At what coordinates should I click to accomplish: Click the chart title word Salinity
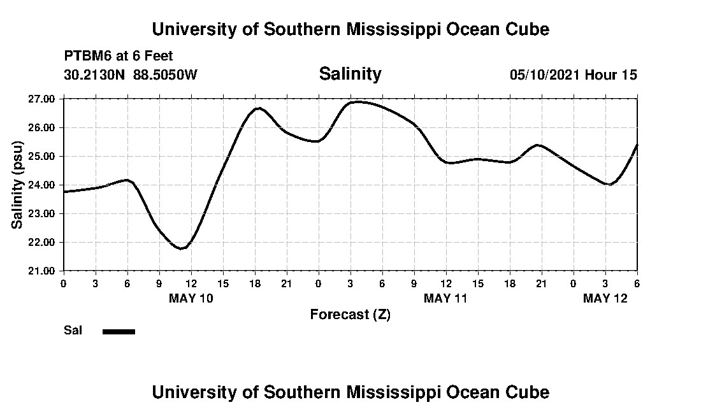point(350,74)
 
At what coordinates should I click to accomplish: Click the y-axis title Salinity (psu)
point(17,185)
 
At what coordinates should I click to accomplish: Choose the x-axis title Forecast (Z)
point(350,314)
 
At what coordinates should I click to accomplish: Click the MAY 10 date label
point(191,298)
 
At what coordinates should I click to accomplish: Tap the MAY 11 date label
point(446,298)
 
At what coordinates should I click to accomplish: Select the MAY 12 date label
point(605,298)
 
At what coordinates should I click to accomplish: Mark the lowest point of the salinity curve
point(182,248)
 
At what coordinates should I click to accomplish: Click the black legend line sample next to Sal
point(119,331)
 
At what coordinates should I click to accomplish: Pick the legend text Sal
point(72,331)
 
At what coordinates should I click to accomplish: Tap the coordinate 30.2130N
point(95,75)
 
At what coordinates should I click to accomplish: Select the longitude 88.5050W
point(165,75)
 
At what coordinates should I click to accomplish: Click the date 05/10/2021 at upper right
point(545,75)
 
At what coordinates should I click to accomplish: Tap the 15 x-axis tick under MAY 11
point(478,283)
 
